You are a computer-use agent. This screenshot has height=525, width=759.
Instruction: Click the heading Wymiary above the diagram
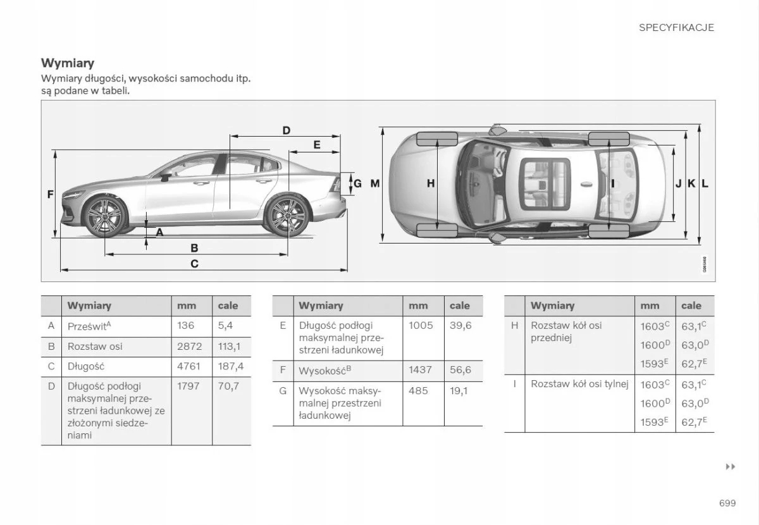(x=68, y=63)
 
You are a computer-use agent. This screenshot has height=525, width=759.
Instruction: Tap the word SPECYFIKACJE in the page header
(x=676, y=27)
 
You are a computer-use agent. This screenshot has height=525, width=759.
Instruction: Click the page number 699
(x=727, y=503)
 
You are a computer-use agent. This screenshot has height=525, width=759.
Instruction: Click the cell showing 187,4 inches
(x=230, y=366)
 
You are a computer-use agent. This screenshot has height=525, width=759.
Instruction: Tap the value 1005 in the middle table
(x=421, y=325)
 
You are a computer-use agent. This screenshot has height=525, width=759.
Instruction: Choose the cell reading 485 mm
(x=418, y=391)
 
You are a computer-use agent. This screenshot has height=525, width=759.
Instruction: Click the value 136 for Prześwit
(x=186, y=325)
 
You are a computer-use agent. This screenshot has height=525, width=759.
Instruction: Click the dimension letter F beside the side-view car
(x=50, y=195)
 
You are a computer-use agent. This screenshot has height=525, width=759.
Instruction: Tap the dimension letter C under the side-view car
(x=194, y=264)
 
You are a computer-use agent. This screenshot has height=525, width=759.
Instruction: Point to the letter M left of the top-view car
(x=374, y=183)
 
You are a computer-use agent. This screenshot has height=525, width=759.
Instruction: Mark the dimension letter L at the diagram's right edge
(x=705, y=183)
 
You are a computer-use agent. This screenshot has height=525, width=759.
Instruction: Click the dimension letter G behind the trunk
(x=357, y=183)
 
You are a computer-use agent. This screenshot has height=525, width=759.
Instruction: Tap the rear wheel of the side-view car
(x=287, y=216)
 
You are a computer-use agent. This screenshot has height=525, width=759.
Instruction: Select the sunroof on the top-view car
(x=545, y=183)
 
